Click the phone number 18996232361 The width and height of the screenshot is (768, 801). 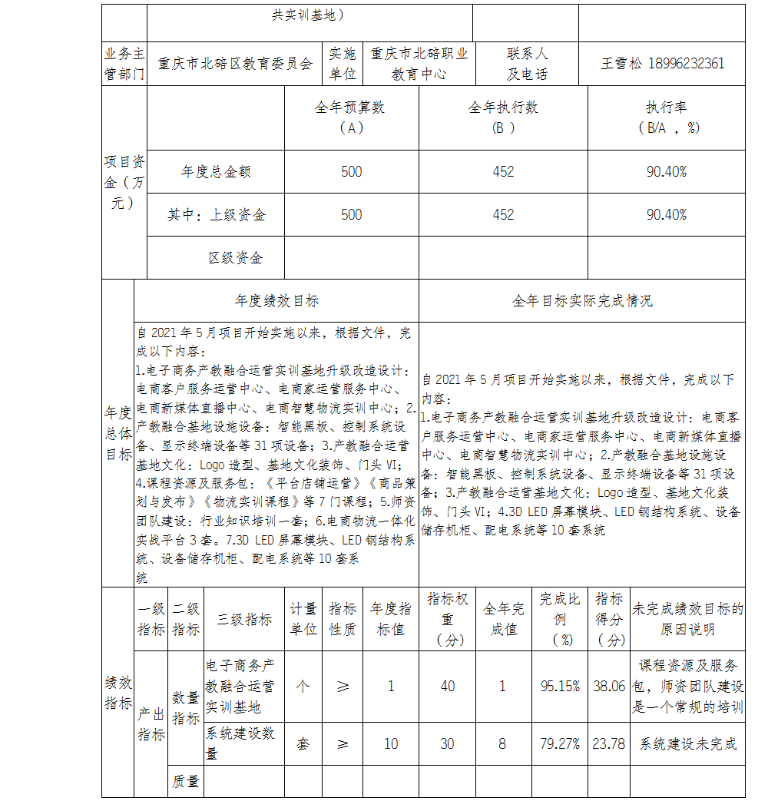tap(687, 64)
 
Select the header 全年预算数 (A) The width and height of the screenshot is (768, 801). tap(351, 118)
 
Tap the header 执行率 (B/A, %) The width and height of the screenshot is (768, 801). tap(666, 118)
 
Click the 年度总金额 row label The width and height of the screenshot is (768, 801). tap(216, 172)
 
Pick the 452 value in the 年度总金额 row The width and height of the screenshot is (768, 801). tap(503, 172)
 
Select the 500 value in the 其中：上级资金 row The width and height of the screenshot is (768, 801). tap(351, 215)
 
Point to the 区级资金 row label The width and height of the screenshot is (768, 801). tap(235, 258)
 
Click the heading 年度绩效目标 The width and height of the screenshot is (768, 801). tap(276, 301)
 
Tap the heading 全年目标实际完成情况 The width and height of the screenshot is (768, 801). tap(581, 301)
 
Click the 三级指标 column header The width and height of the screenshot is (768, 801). tap(244, 620)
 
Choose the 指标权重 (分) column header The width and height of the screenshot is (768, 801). tap(447, 619)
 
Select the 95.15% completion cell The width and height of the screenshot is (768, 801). tap(560, 687)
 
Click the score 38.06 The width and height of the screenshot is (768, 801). tap(609, 687)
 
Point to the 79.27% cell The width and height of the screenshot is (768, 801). tap(560, 743)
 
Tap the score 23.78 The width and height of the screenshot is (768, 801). tap(609, 743)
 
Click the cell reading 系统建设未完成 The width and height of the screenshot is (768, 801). tap(687, 743)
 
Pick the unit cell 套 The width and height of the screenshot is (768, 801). tap(303, 743)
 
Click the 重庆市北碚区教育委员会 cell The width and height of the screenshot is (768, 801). tap(235, 64)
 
